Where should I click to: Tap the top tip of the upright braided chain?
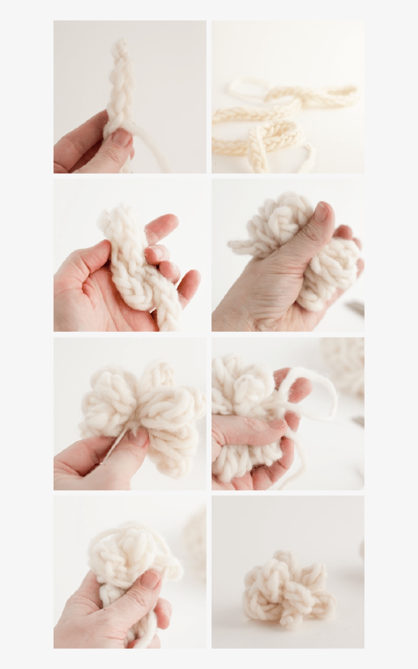coord(120,43)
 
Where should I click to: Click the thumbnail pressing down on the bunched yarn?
coord(321,212)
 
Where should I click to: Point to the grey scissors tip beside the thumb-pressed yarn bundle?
coord(356,308)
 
